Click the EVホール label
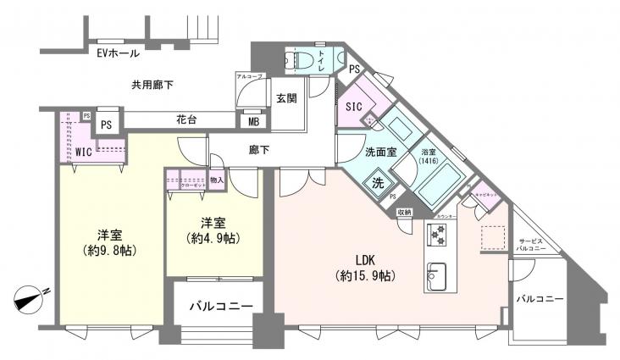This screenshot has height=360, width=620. pyautogui.click(x=118, y=53)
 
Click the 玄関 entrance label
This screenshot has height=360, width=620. pyautogui.click(x=285, y=99)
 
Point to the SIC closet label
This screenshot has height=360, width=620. pyautogui.click(x=354, y=106)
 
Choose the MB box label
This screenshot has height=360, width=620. pyautogui.click(x=253, y=121)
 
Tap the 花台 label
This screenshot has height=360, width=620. pyautogui.click(x=186, y=120)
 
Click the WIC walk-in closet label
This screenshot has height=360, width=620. pyautogui.click(x=83, y=152)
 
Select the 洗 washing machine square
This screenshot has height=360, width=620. pyautogui.click(x=378, y=182)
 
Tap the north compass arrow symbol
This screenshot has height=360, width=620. pyautogui.click(x=30, y=299)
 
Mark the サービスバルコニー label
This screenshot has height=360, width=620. pyautogui.click(x=535, y=246)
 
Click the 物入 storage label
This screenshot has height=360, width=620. pyautogui.click(x=217, y=179)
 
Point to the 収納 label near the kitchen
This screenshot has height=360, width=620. pyautogui.click(x=404, y=212)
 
